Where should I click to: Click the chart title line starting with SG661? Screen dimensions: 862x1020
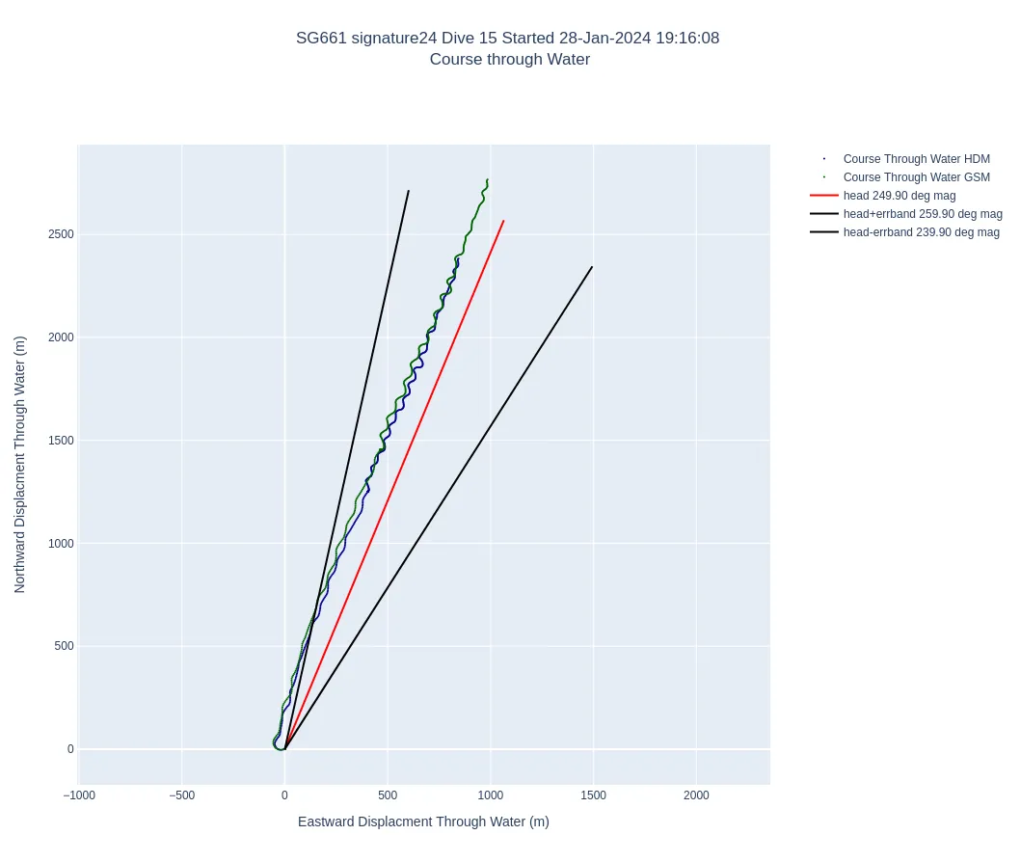click(x=507, y=39)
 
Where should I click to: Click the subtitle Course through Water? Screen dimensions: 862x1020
click(x=509, y=60)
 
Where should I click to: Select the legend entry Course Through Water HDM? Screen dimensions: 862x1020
click(x=916, y=159)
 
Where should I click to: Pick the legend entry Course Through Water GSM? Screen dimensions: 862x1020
click(x=916, y=177)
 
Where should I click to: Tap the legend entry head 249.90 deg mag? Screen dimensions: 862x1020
click(x=899, y=196)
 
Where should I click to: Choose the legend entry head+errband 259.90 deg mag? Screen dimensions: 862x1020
click(x=923, y=214)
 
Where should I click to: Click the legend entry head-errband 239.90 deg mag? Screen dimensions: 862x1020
click(x=921, y=232)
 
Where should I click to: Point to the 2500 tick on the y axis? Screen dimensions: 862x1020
click(x=62, y=234)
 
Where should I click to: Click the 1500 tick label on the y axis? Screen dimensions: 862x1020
click(x=62, y=441)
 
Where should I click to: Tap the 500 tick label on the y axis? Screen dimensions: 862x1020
click(x=65, y=646)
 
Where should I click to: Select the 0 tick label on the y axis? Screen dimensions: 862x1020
click(x=70, y=749)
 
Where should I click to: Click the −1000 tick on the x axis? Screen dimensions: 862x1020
click(x=79, y=795)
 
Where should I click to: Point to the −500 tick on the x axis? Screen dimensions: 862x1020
click(x=181, y=795)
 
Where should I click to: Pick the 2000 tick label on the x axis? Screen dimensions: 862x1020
click(x=696, y=795)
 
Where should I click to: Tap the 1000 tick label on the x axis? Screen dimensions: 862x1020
click(x=490, y=795)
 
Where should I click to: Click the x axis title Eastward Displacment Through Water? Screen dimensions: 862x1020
click(x=423, y=822)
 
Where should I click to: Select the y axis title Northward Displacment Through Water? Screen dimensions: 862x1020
click(x=19, y=464)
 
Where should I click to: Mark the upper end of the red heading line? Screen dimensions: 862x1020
click(x=503, y=221)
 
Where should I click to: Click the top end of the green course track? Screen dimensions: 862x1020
click(x=488, y=179)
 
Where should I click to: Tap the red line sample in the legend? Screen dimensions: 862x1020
click(x=823, y=196)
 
